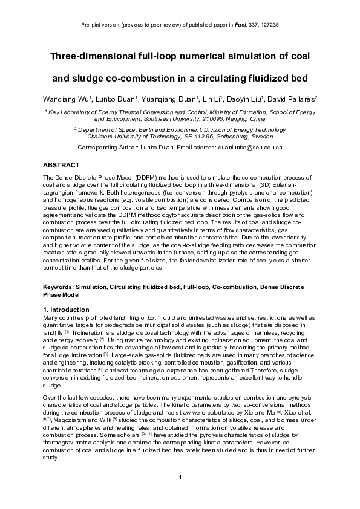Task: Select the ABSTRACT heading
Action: (x=61, y=164)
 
